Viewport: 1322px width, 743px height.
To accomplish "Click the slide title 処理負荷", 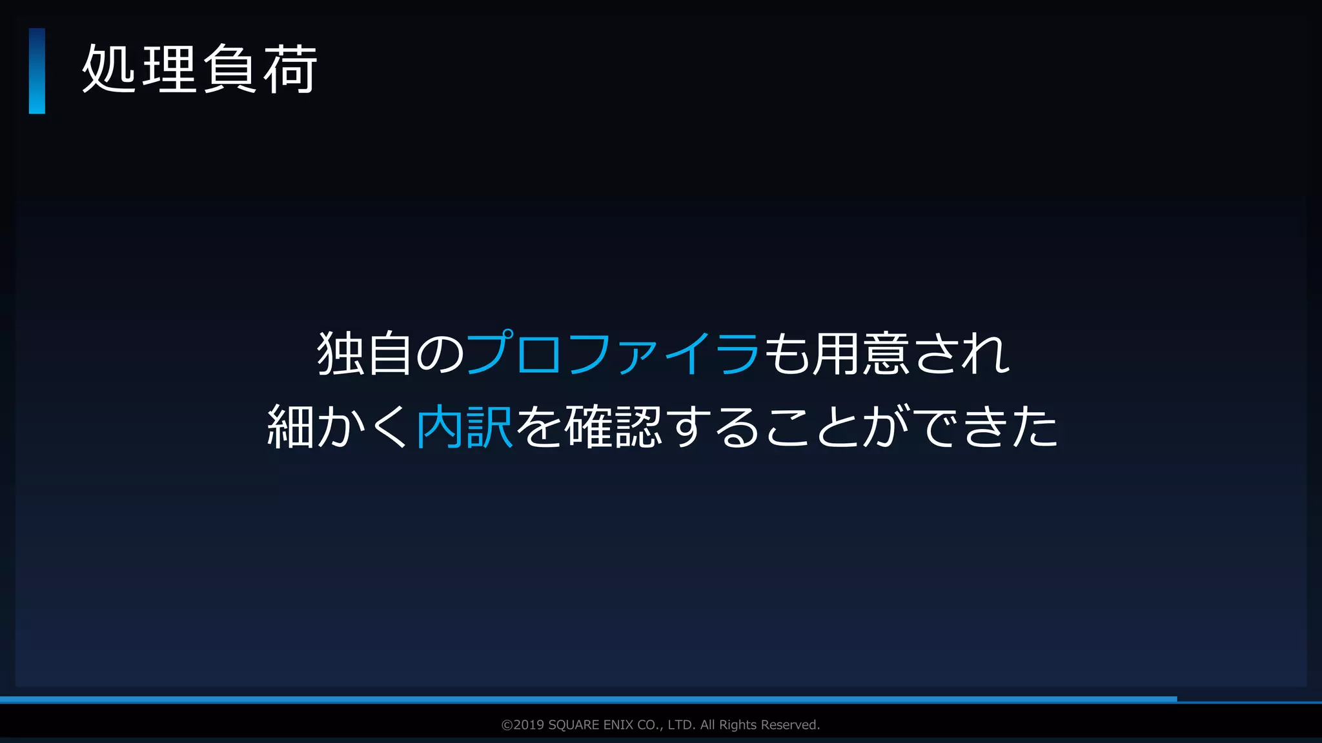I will pyautogui.click(x=199, y=70).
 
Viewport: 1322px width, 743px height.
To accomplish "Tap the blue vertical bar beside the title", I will pyautogui.click(x=37, y=71).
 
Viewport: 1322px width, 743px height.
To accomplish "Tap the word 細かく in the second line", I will pyautogui.click(x=337, y=427).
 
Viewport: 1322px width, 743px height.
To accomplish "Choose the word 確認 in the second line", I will pyautogui.click(x=613, y=427).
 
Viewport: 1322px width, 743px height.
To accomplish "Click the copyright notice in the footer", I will pyautogui.click(x=660, y=725).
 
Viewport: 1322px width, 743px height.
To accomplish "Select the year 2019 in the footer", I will pyautogui.click(x=529, y=725).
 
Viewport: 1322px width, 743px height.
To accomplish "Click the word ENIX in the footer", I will pyautogui.click(x=618, y=725).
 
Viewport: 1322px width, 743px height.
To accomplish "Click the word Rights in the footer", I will pyautogui.click(x=738, y=725).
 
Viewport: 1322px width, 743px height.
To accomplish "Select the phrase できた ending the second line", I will pyautogui.click(x=988, y=427).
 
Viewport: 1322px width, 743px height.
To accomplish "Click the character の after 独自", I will pyautogui.click(x=439, y=355).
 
